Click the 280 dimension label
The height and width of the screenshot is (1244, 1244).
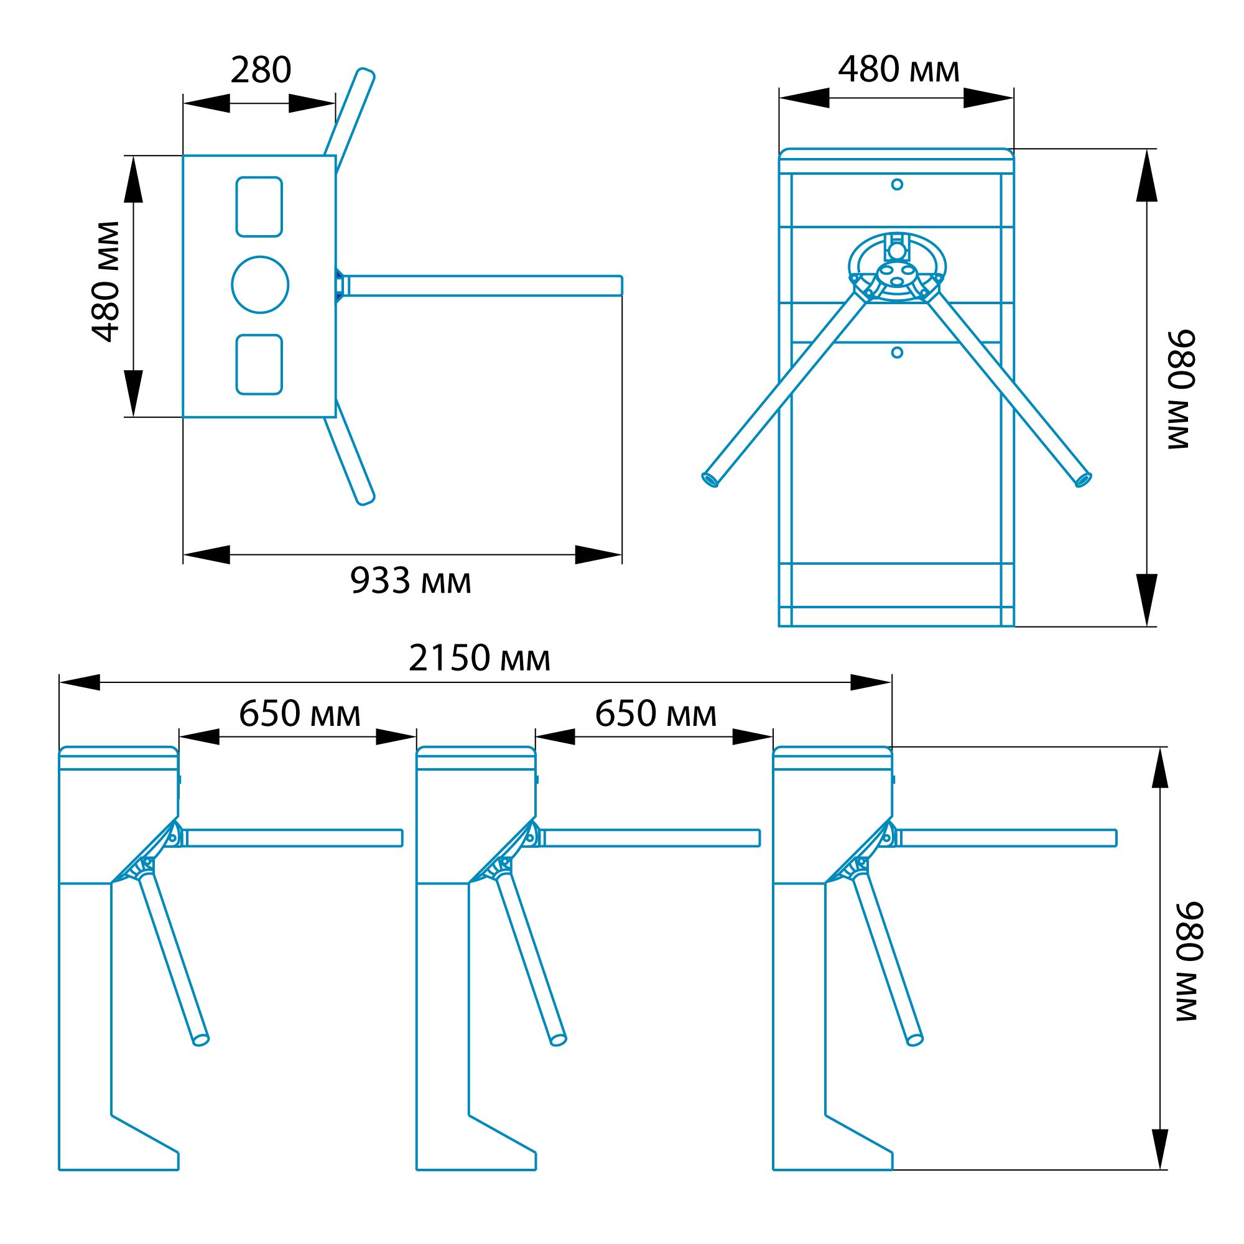261,70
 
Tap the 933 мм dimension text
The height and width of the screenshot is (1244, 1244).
411,581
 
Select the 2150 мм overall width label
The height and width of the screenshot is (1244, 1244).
480,658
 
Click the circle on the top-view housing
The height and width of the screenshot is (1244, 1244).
260,285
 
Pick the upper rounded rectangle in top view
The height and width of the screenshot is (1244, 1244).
259,207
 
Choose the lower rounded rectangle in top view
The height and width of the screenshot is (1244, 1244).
259,364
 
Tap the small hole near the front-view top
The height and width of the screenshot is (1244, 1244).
897,185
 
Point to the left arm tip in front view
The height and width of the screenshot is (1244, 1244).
710,480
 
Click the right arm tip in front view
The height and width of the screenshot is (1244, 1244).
1084,480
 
